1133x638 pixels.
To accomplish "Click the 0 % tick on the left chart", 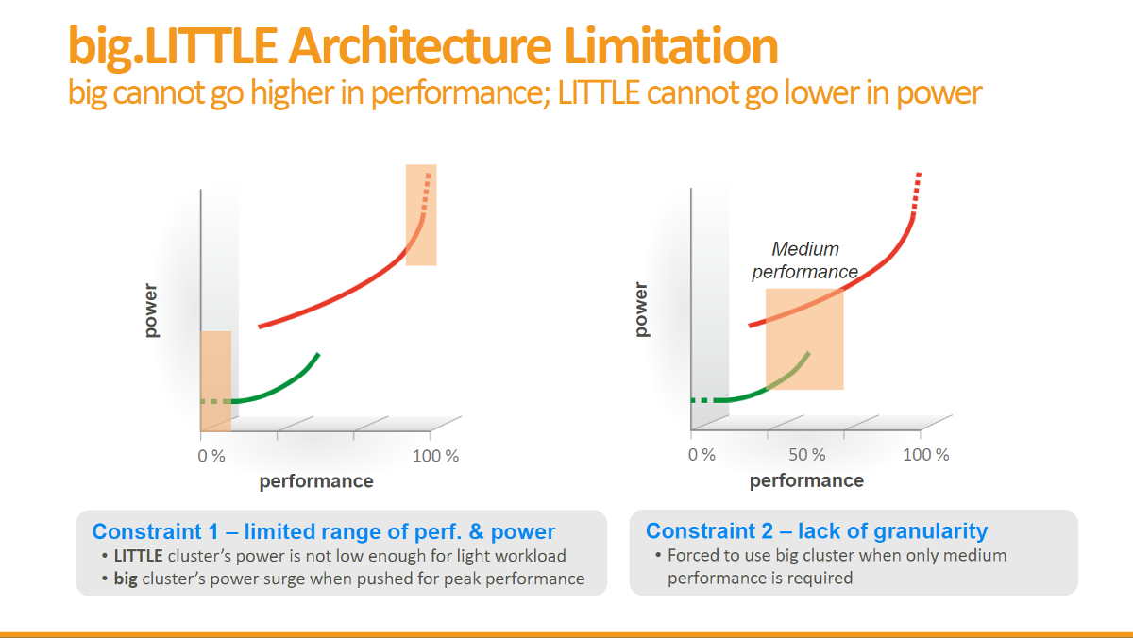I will [x=211, y=456].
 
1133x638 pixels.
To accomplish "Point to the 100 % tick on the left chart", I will [x=436, y=456].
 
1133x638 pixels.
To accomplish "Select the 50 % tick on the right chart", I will [x=806, y=455].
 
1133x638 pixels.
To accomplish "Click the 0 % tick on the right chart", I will [x=702, y=455].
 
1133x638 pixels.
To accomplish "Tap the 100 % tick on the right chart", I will [x=926, y=455].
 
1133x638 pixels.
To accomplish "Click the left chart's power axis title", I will [x=151, y=308].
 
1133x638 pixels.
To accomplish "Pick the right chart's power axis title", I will [x=642, y=308].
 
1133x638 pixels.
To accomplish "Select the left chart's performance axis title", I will [x=316, y=481].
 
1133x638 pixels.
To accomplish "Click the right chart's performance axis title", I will [x=806, y=480].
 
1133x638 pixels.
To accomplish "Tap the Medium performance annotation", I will [x=804, y=260].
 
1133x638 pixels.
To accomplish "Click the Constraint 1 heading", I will [x=323, y=531].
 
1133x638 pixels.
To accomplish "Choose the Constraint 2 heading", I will [x=816, y=530].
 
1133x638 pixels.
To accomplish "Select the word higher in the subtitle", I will [x=297, y=92].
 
